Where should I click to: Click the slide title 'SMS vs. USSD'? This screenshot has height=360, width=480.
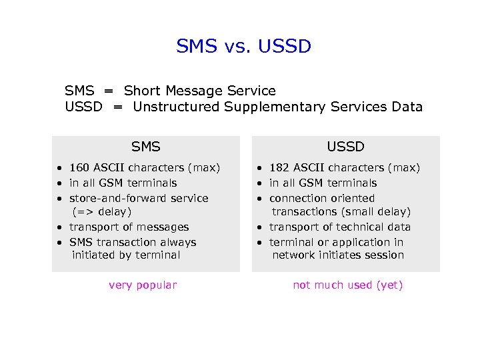tap(243, 46)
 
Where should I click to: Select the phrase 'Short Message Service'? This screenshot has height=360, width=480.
tap(200, 91)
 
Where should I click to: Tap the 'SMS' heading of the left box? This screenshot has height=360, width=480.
tap(145, 147)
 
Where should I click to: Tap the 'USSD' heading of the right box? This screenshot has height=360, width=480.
tap(345, 147)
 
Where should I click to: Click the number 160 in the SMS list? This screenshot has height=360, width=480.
tap(80, 168)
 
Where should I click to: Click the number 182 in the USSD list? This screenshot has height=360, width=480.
tap(279, 168)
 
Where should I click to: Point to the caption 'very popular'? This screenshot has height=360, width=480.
tap(143, 285)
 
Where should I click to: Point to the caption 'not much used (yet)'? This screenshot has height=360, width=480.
tap(348, 285)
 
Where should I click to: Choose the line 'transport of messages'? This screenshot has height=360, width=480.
tap(129, 227)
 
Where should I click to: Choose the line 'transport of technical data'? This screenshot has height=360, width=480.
tap(340, 227)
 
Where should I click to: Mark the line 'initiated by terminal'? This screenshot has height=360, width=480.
tap(126, 255)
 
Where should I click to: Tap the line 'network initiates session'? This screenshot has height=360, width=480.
tap(338, 255)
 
